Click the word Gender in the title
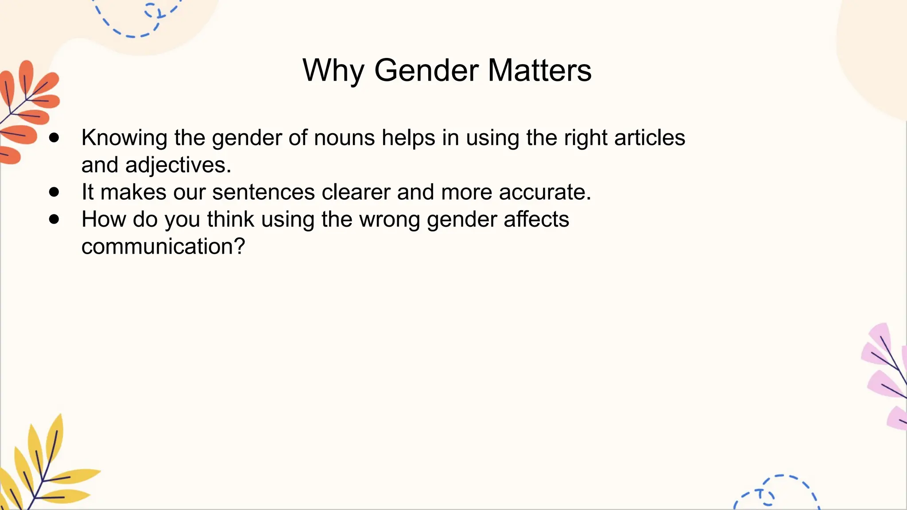point(426,71)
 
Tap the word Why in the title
point(333,71)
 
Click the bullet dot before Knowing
point(54,138)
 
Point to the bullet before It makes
point(54,192)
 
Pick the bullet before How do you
point(54,219)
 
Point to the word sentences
point(263,193)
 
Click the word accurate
point(544,193)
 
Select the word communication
point(158,247)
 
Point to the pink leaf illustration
point(886,376)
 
